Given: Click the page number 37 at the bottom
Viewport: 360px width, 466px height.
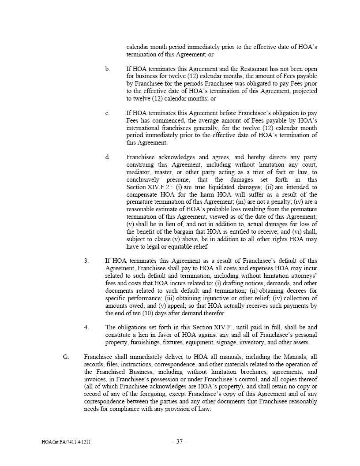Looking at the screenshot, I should coord(179,441).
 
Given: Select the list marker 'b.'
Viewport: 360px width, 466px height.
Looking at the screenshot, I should coord(107,69).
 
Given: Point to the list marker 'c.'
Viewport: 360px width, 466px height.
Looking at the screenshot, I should coord(107,113).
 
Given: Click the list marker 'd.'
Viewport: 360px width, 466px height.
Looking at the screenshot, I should coord(108,157).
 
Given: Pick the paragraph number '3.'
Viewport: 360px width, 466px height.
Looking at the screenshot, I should coord(86,261).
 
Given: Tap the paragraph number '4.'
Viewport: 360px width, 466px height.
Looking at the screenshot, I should coord(86,327).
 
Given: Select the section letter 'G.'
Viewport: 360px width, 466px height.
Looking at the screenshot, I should coord(66,357).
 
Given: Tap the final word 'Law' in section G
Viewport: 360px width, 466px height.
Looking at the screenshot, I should coord(205,409).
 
